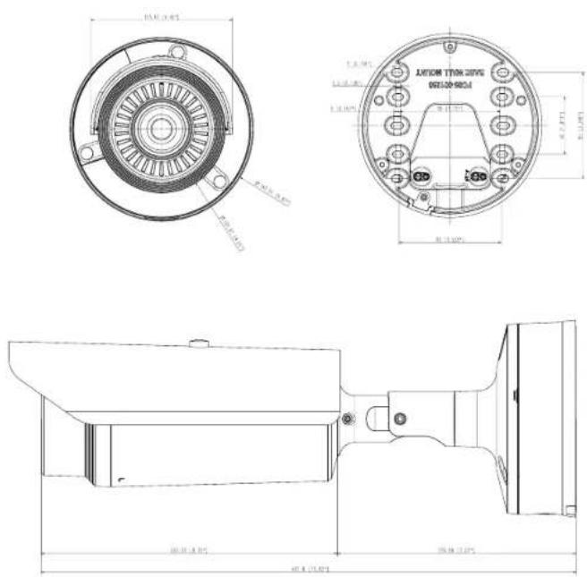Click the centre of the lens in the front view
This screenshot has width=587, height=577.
pyautogui.click(x=162, y=128)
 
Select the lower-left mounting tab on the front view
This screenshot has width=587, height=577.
pyautogui.click(x=86, y=153)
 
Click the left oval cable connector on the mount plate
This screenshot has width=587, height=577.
pyautogui.click(x=419, y=176)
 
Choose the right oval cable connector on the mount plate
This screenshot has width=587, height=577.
pyautogui.click(x=478, y=177)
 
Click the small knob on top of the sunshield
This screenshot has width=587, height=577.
pyautogui.click(x=194, y=341)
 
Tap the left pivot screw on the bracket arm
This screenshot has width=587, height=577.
pyautogui.click(x=348, y=419)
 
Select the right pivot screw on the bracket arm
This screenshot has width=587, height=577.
pyautogui.click(x=400, y=418)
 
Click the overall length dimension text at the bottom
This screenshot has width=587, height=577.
pyautogui.click(x=310, y=567)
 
